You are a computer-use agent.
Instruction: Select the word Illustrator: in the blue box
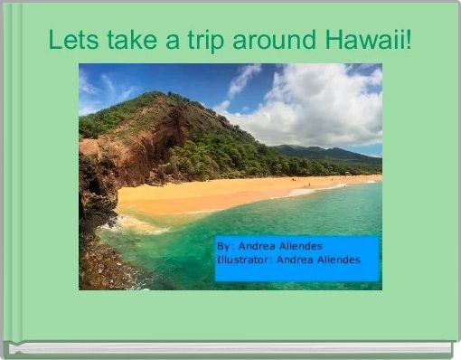point(245,260)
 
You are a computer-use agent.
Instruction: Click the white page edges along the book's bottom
point(230,347)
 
